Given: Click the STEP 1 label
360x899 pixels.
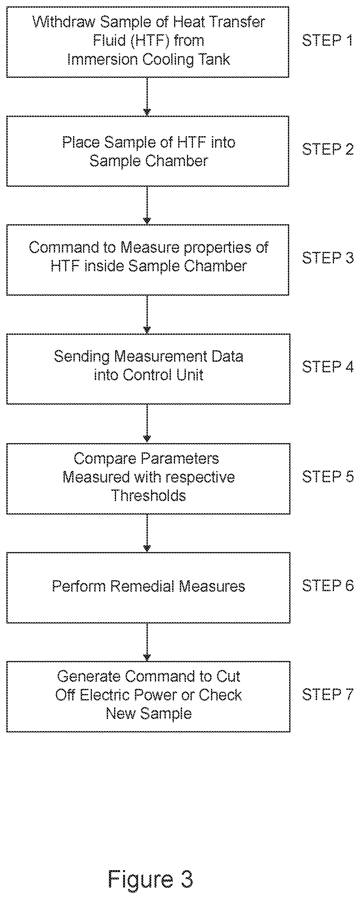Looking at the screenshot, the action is (327, 40).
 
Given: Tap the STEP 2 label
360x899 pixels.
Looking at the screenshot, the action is (328, 149).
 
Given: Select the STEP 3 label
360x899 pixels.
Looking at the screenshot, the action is (328, 258).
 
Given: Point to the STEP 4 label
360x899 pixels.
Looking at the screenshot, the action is (328, 367).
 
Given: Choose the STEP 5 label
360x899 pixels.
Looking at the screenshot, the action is (328, 476).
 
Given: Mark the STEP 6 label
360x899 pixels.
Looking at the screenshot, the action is (328, 585).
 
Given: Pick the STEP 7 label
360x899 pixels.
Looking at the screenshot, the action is (328, 694).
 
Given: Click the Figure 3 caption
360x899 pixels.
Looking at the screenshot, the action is (150, 879).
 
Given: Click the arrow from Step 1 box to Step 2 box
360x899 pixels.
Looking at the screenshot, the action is (147, 97).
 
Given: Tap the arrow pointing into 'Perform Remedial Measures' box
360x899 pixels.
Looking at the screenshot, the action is (147, 533).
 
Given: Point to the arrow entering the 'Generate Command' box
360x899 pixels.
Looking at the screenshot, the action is (147, 642).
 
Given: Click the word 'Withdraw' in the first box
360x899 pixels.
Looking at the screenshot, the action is (64, 22).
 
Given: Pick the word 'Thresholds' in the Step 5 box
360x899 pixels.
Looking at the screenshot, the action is (148, 496).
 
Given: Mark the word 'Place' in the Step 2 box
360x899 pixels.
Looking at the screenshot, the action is (81, 142).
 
